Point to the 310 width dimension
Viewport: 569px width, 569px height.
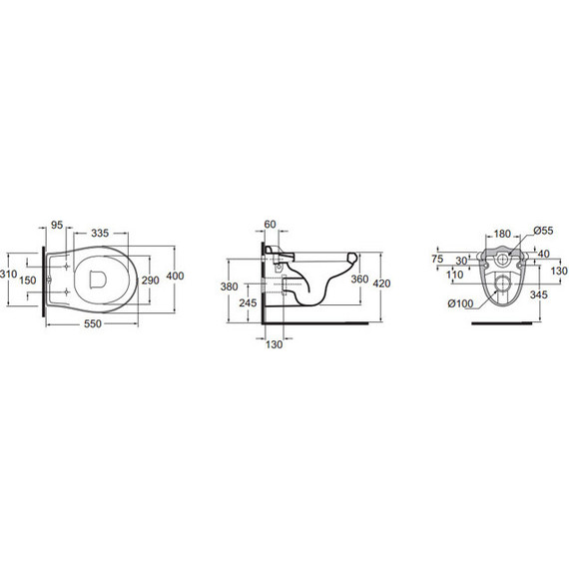tap(8, 273)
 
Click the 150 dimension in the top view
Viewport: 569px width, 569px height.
tap(31, 281)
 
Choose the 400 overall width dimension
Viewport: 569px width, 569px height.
tap(175, 276)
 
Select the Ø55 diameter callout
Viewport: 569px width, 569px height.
tap(542, 231)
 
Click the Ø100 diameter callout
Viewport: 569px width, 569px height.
tap(460, 303)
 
